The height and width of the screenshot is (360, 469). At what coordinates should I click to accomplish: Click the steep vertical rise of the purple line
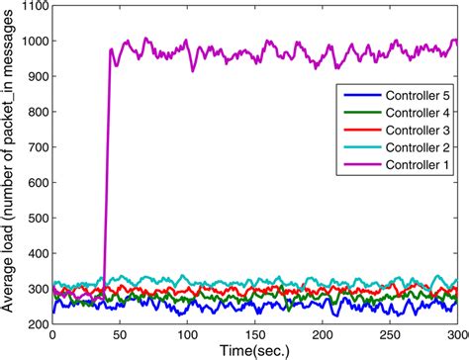[106, 178]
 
